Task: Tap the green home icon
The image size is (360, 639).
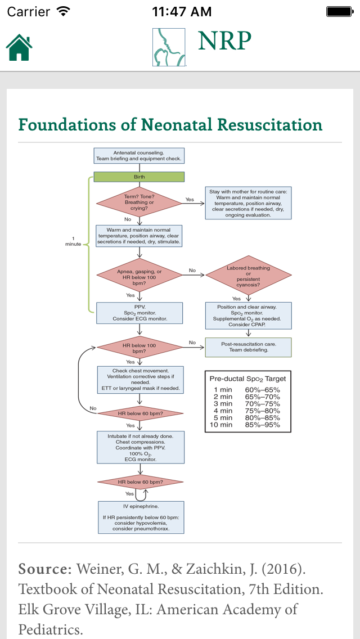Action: click(x=19, y=47)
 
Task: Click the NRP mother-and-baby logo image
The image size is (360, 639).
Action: click(x=169, y=47)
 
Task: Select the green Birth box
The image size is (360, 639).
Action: click(x=139, y=177)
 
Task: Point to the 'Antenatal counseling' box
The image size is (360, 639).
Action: click(x=139, y=156)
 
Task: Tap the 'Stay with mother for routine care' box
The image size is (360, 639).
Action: click(x=248, y=203)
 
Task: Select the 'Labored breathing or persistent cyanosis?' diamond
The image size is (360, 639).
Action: click(x=248, y=276)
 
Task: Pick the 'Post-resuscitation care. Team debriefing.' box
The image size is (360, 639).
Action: click(x=248, y=347)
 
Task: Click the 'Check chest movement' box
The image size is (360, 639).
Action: click(x=140, y=380)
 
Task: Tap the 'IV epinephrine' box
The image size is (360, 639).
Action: click(x=141, y=517)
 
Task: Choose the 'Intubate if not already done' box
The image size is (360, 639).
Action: click(x=140, y=447)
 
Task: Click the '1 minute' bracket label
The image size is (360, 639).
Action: click(x=73, y=241)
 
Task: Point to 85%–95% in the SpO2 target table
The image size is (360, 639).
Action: click(x=265, y=425)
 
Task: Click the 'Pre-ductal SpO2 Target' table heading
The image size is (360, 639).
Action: click(x=248, y=379)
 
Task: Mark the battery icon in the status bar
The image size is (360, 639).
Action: click(x=340, y=11)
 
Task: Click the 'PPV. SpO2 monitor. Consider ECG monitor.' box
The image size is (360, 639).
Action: click(x=139, y=313)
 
